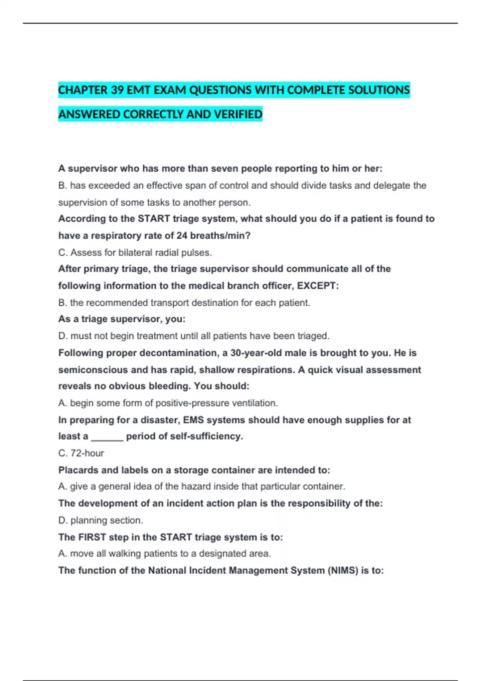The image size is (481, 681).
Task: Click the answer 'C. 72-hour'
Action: point(81,453)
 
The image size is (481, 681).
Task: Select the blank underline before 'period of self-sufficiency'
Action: point(107,437)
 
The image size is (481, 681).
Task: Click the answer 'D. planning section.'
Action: point(101,520)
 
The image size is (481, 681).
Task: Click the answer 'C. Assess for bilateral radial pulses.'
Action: point(135,253)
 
